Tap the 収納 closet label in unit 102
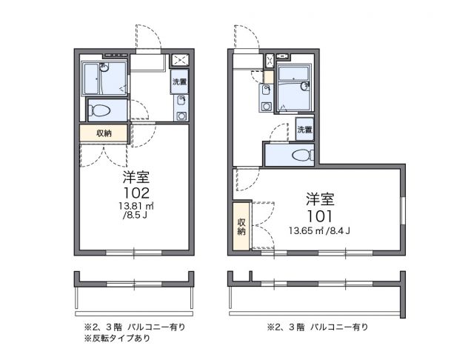pos(104,133)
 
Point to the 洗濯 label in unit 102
pos(180,82)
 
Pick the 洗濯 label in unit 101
pos(304,130)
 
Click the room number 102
pos(136,192)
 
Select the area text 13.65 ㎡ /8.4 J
pos(319,230)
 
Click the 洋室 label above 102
pos(136,178)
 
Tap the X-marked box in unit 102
pos(180,61)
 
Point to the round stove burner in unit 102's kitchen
pos(180,116)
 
